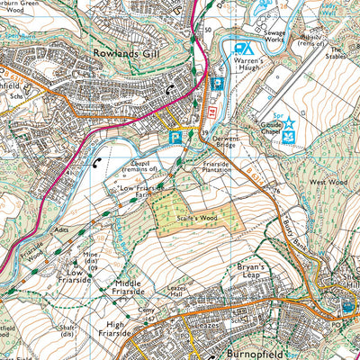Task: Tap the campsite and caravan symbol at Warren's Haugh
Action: [242, 49]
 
